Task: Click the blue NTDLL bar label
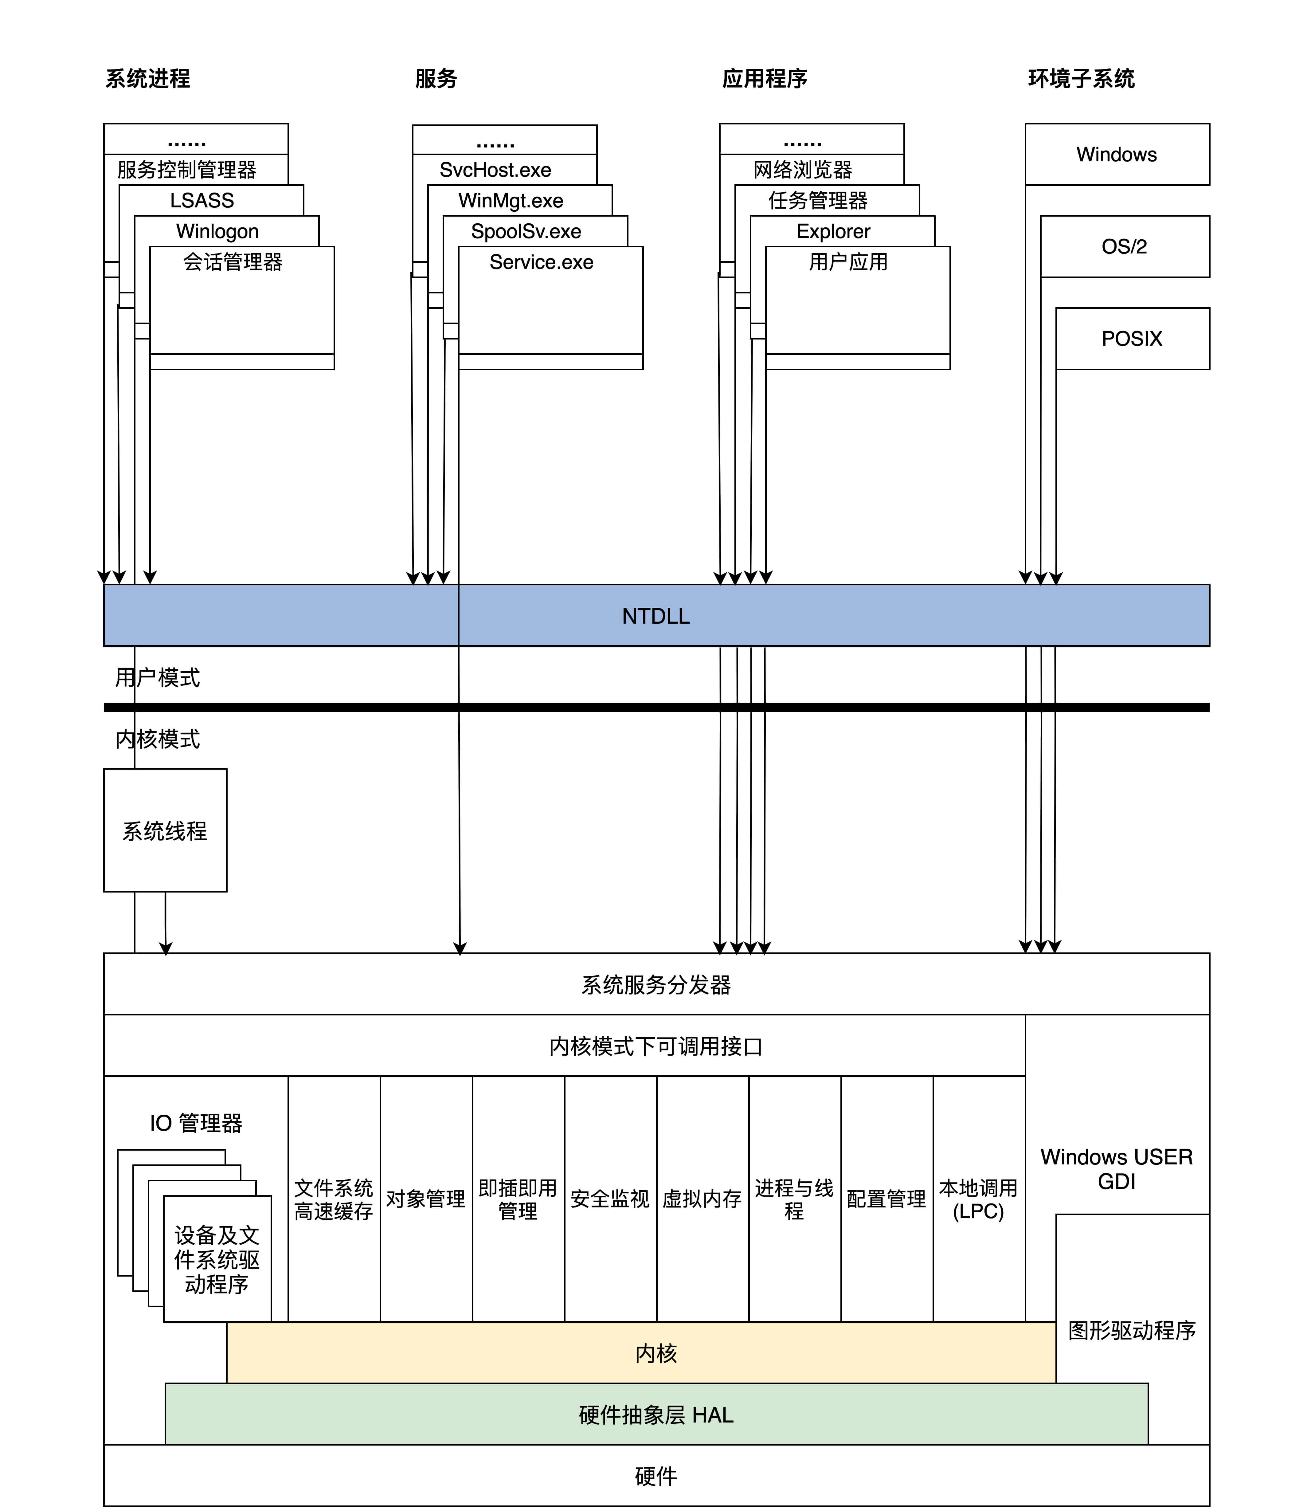click(655, 616)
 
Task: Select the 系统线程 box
click(165, 830)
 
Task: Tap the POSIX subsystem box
click(1132, 339)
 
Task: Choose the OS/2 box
click(1125, 246)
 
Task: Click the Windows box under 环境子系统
click(1116, 154)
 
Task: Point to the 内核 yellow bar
click(655, 1353)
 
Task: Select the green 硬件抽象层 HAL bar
click(655, 1414)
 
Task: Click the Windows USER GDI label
click(1116, 1168)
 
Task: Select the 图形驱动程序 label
click(1132, 1329)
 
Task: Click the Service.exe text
click(541, 262)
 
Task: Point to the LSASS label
click(202, 200)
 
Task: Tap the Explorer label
click(833, 231)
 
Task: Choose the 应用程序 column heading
click(765, 78)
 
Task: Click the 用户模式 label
click(157, 677)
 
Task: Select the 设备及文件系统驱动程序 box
click(217, 1260)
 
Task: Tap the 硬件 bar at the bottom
click(655, 1476)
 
